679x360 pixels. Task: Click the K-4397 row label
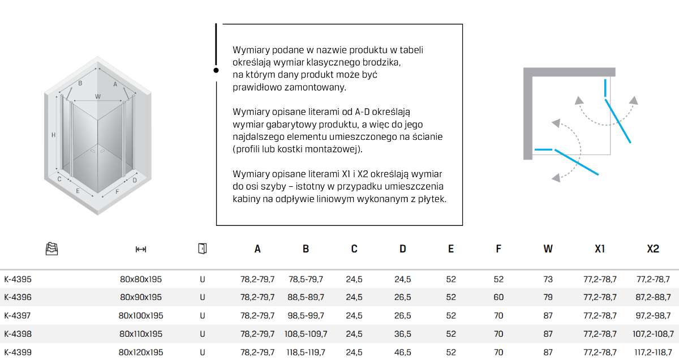(x=18, y=315)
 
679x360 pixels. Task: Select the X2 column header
(x=653, y=248)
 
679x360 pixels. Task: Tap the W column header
(x=548, y=248)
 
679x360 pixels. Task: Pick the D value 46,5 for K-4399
(x=402, y=352)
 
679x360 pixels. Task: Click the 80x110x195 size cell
(x=141, y=334)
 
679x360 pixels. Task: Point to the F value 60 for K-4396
(x=498, y=297)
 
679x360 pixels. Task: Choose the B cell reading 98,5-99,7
(x=306, y=315)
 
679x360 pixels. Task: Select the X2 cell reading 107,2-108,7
(x=653, y=334)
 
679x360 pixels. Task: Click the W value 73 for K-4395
(x=548, y=279)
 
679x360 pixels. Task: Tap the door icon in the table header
(x=202, y=248)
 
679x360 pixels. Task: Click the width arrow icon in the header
(x=141, y=249)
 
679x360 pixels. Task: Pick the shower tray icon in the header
(x=51, y=248)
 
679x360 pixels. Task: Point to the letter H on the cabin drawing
(x=53, y=135)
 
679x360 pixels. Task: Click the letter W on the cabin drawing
(x=98, y=96)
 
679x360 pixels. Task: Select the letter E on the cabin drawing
(x=78, y=191)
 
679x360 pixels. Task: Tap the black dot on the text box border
(x=216, y=70)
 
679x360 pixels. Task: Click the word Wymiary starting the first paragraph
(x=248, y=50)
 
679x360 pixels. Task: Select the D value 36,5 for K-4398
(x=402, y=334)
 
